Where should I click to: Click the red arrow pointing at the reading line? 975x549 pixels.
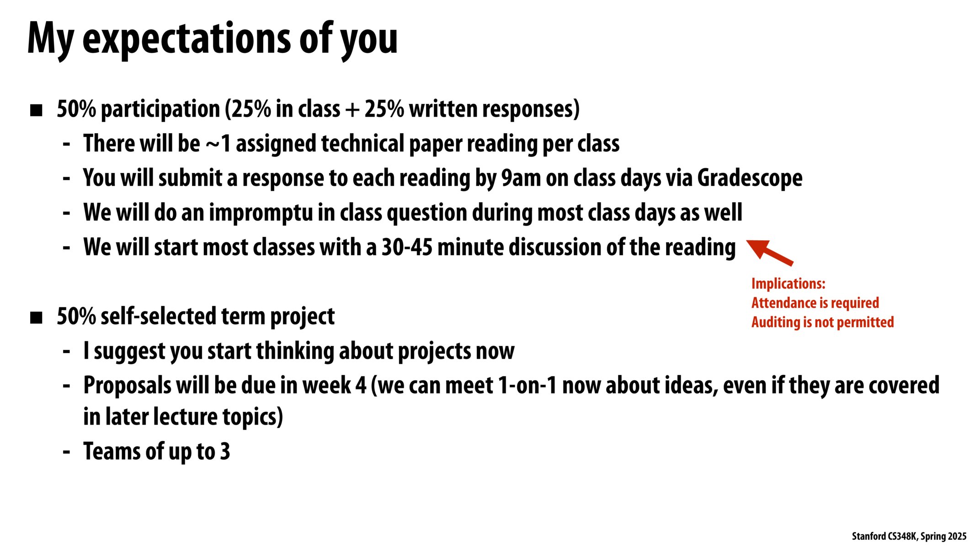[769, 252]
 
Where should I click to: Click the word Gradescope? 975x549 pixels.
[750, 178]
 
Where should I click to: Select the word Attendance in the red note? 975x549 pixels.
[779, 303]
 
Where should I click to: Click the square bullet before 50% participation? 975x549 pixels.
[36, 110]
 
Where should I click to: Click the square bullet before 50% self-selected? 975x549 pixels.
[36, 318]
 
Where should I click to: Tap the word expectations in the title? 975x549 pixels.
[187, 39]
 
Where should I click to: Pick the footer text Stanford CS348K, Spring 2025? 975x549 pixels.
[909, 536]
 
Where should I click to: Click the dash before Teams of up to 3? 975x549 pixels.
[67, 452]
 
